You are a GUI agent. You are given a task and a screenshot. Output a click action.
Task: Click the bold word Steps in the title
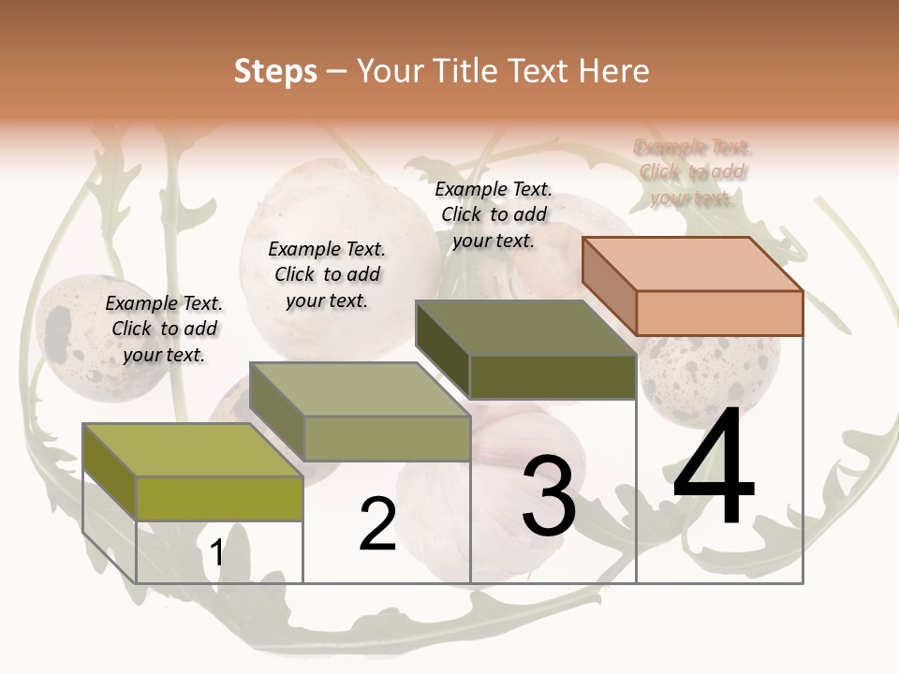[275, 71]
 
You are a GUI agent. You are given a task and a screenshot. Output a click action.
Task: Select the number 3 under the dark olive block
[549, 496]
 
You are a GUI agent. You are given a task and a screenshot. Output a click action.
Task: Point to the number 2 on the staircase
[377, 524]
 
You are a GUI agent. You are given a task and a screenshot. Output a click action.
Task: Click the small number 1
[217, 552]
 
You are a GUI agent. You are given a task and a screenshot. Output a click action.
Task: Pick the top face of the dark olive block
[525, 328]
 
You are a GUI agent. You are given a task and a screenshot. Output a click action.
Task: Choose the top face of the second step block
[360, 389]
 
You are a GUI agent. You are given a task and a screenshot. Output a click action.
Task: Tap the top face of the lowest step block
[193, 450]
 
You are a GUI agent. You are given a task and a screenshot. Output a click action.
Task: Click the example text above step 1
[164, 329]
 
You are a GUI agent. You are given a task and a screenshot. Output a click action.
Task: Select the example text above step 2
[327, 274]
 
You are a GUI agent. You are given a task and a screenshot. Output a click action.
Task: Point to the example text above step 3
[494, 214]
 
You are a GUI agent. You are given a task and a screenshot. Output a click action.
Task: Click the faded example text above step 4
[692, 172]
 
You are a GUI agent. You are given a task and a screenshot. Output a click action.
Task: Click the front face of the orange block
[719, 313]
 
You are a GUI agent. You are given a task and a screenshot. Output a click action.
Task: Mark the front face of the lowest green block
[219, 498]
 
